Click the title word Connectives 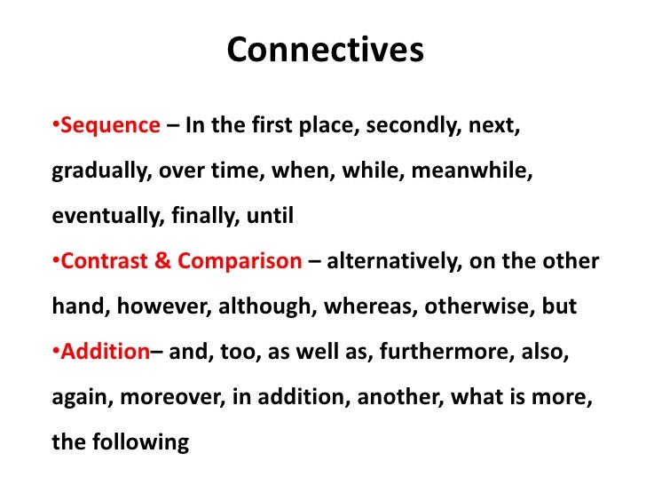(325, 51)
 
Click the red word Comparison (240, 261)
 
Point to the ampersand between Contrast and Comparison (165, 261)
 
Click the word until (269, 216)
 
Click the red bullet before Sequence (55, 125)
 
